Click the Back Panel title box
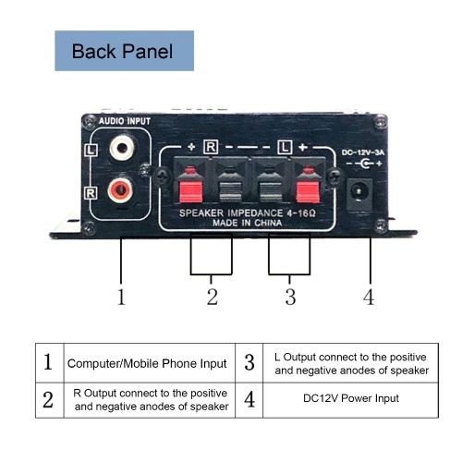coord(124,51)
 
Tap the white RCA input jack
coord(122,148)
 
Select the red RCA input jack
coord(121,191)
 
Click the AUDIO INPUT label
coord(125,121)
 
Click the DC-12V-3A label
coord(363,152)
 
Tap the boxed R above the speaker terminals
coord(211,147)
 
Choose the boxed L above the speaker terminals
coord(285,147)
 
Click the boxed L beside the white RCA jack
coord(91,151)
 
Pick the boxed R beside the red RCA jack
coord(91,193)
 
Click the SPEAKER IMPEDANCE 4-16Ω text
coord(248,213)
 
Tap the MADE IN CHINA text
coord(248,223)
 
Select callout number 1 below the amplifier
coord(121,297)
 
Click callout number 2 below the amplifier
coord(213,297)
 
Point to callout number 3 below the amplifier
coord(290,297)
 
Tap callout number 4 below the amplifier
coord(369,297)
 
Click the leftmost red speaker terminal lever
coord(190,191)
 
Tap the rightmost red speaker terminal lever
coord(308,191)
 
